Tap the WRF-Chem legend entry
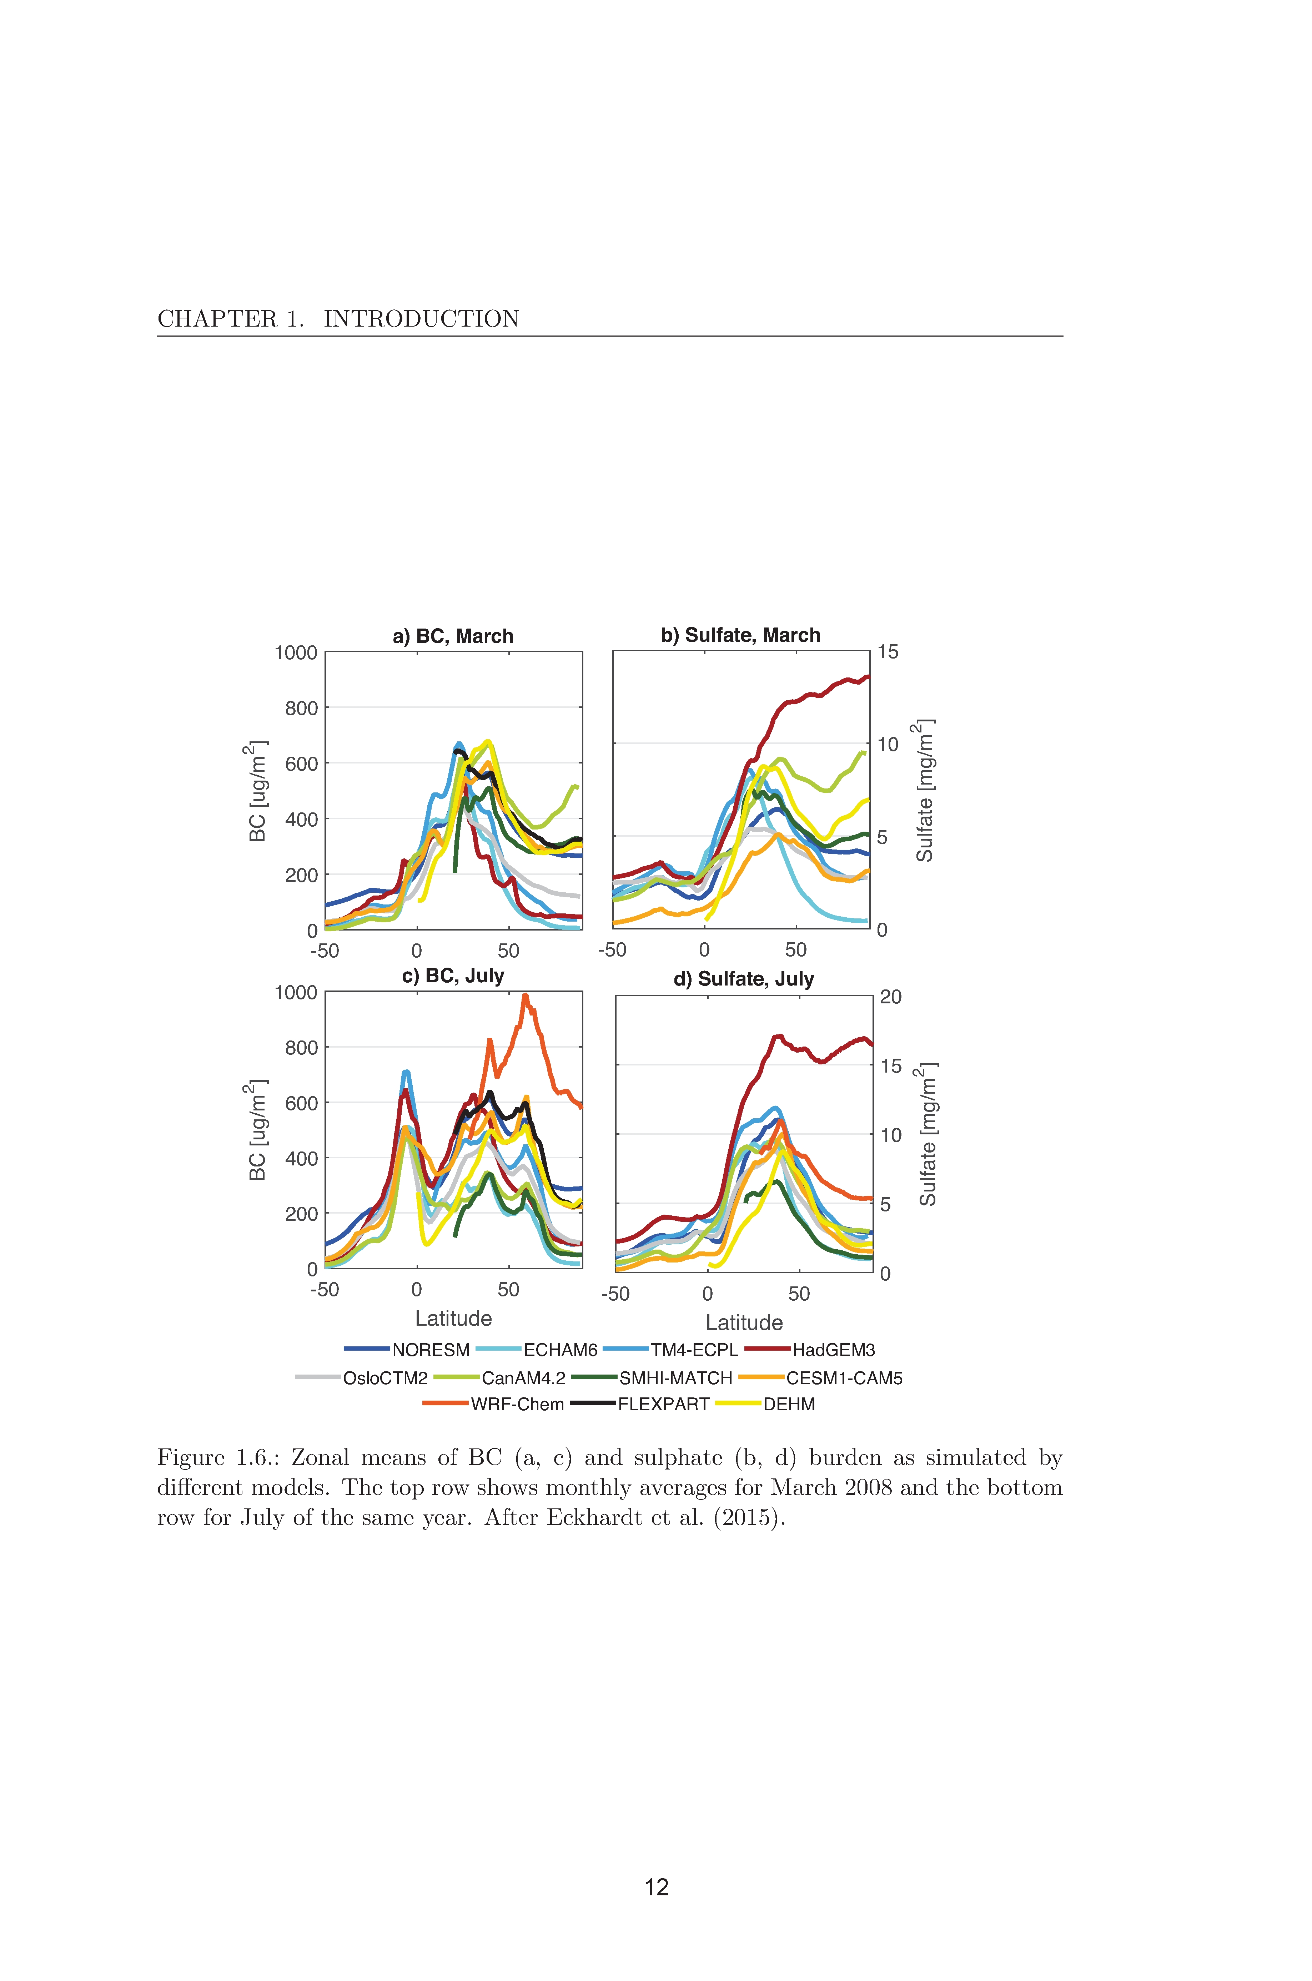click(494, 1404)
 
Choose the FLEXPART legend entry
click(640, 1404)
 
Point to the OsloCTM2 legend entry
click(361, 1378)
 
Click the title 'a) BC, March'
click(453, 636)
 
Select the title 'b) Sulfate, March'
click(740, 635)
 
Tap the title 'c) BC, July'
click(453, 976)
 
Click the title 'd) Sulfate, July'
click(744, 979)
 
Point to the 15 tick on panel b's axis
click(888, 652)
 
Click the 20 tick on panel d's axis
click(891, 996)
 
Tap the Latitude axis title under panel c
click(453, 1319)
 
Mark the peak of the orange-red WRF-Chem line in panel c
click(526, 995)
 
